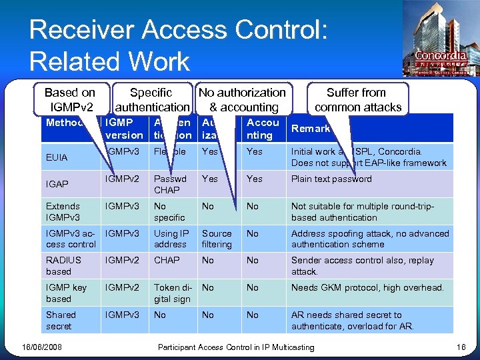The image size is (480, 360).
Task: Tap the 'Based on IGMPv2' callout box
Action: coord(69,99)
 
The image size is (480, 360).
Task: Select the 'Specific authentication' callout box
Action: coord(151,99)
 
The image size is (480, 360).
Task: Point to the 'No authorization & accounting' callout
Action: coord(242,99)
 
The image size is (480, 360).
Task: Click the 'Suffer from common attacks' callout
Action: coord(357,99)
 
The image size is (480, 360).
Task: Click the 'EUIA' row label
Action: coord(57,158)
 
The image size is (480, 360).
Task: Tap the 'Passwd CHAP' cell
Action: coord(167,185)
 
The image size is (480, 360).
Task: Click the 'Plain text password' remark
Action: coord(331,179)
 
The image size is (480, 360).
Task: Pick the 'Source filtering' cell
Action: coord(217,239)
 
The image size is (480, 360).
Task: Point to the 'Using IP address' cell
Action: coord(171,239)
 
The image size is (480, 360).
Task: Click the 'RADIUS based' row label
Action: coord(59,266)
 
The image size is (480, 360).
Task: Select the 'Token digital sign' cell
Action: coord(172,293)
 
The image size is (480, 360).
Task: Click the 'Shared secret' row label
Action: coord(61,320)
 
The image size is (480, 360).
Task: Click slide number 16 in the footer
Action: coord(461,347)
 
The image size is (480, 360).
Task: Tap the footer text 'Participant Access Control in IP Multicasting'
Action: coord(235,347)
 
